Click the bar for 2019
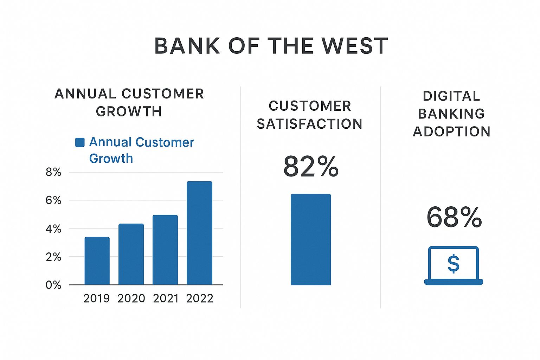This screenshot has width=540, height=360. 97,261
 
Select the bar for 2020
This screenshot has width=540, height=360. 131,254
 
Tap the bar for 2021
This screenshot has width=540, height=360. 165,250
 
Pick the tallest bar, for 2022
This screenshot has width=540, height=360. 199,233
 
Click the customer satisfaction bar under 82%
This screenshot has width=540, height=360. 311,239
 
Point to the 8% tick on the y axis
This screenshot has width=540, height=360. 53,172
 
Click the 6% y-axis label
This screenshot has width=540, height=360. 53,200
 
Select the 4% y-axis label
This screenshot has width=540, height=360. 53,229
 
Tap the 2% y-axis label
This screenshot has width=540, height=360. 53,257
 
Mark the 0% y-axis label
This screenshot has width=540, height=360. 53,285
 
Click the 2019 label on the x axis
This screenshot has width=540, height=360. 97,298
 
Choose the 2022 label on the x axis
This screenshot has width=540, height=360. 200,298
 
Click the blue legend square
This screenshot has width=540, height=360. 80,142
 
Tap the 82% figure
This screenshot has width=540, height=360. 311,167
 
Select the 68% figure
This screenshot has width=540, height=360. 454,217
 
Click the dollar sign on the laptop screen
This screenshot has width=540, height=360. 454,264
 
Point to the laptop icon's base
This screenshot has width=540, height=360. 454,282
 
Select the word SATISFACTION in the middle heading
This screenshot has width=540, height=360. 309,124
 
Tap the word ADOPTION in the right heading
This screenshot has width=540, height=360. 452,132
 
